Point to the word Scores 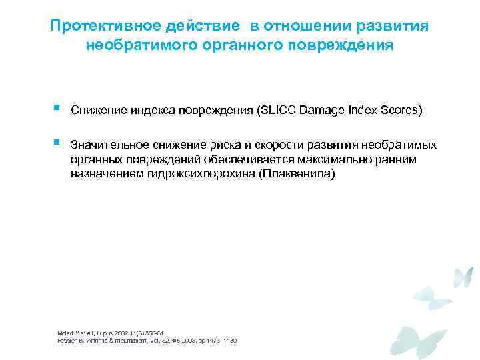399,111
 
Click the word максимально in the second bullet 339,160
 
